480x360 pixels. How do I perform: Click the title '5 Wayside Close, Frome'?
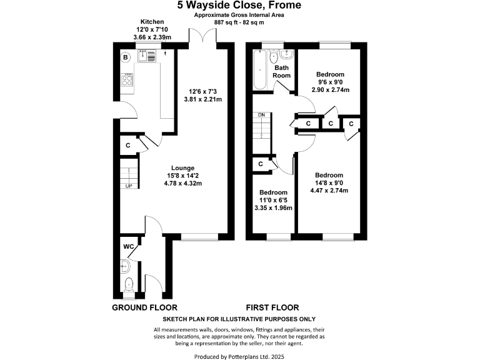point(239,6)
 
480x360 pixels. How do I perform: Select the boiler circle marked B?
point(126,57)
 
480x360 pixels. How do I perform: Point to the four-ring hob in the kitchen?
point(127,81)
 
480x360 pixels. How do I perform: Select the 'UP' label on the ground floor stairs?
point(129,186)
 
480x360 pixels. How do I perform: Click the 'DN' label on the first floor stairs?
point(261,116)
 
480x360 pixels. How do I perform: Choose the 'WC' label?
point(129,247)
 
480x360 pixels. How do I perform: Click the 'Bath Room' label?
point(282,71)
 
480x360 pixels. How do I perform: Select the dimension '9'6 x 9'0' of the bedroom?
point(330,82)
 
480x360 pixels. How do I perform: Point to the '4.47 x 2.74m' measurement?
point(329,191)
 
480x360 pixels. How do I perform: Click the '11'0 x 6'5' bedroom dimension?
point(273,200)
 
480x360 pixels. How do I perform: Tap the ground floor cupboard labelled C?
point(127,146)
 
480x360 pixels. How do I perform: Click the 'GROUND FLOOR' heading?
point(144,307)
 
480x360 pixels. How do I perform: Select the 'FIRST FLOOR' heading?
point(272,307)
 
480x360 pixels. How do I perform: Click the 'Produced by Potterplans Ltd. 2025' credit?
point(239,356)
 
